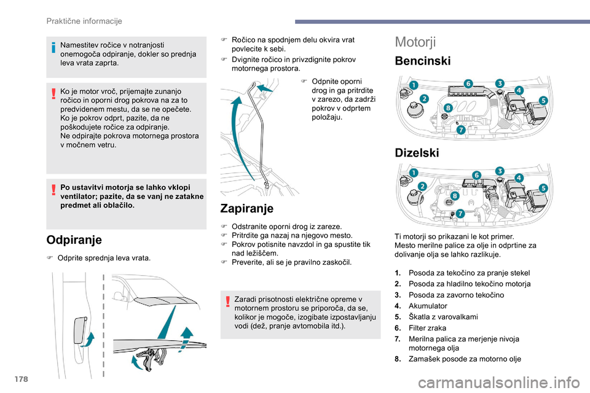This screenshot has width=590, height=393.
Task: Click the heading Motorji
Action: point(415,42)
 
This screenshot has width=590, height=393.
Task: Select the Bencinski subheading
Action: point(423,61)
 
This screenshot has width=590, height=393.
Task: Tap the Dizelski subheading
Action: point(418,153)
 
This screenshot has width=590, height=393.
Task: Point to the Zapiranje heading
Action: point(246,208)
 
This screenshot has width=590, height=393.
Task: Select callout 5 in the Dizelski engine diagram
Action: point(544,187)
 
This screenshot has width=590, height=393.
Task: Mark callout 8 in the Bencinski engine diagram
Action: point(448,108)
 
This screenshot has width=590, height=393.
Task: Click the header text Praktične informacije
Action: point(84,21)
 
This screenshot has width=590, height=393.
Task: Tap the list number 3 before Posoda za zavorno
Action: point(398,295)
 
